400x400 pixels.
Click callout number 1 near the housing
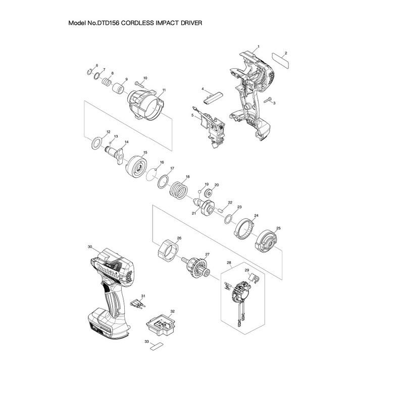258,46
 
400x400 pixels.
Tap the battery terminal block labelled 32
159,323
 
